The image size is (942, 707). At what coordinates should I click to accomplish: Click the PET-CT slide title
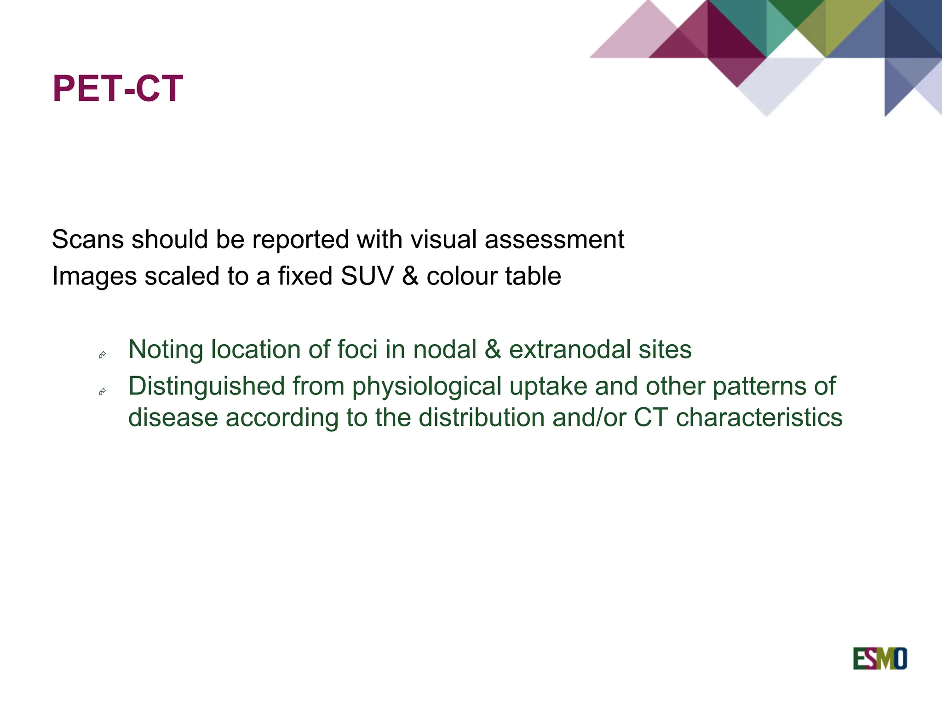coord(118,88)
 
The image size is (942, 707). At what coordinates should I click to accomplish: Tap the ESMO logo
coord(879,659)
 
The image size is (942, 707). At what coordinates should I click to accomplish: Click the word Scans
coord(87,240)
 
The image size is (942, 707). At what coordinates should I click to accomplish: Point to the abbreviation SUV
coord(367,276)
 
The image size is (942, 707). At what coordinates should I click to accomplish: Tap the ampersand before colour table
coord(410,276)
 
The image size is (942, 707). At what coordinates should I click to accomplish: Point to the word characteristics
coord(759,418)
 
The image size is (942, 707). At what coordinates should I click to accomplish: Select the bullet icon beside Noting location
coord(103,355)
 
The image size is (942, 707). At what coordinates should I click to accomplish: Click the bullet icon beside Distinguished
coord(103,392)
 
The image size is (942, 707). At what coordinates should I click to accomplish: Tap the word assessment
coord(554,240)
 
